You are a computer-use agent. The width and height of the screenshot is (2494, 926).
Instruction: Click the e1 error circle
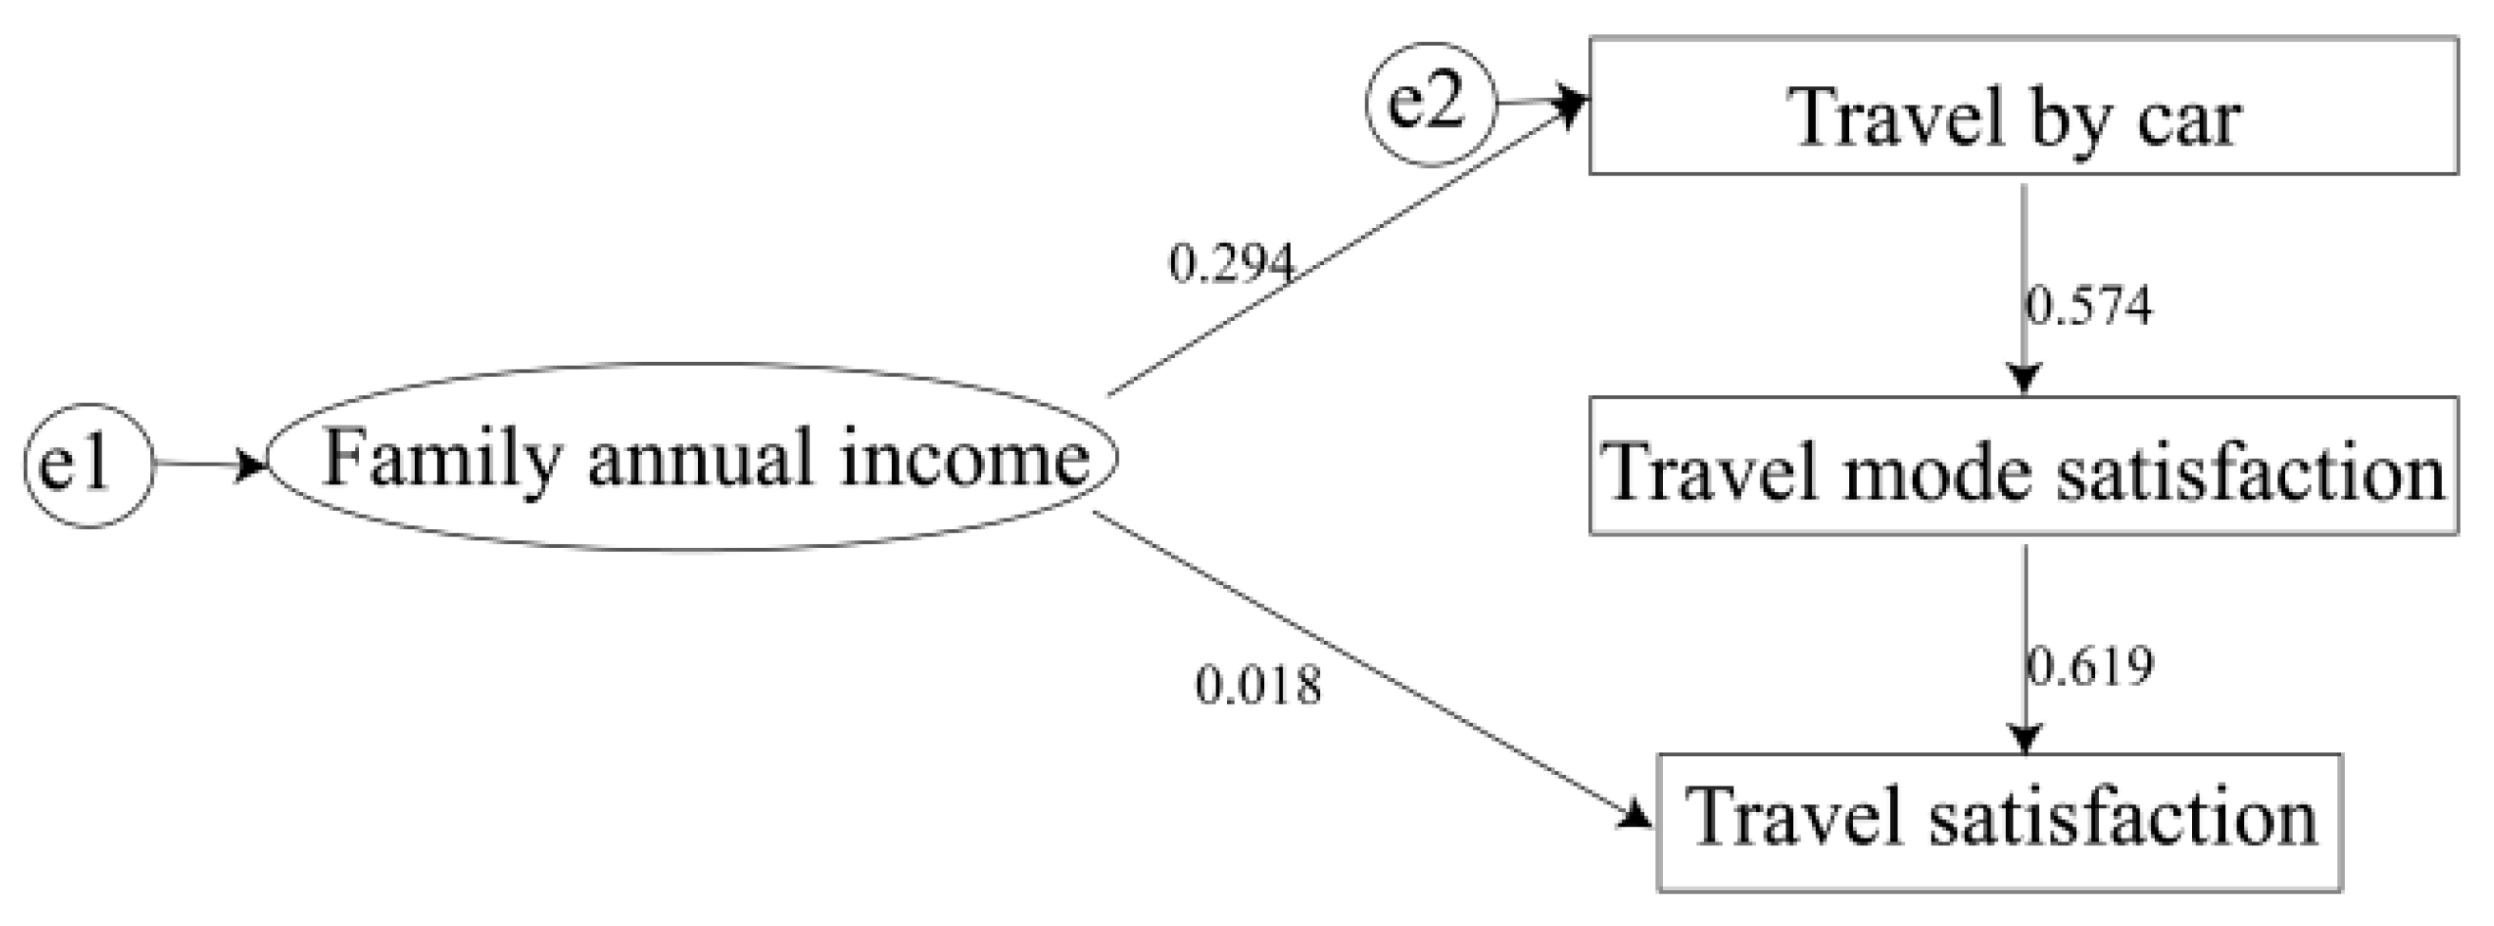point(88,465)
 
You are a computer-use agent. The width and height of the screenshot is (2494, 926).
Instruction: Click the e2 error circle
point(1431,104)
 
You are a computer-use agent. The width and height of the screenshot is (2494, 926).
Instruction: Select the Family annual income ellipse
point(691,457)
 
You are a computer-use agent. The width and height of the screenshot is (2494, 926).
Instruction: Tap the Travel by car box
point(2023,106)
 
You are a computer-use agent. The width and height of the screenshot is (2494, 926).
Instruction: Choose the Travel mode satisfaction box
point(2023,466)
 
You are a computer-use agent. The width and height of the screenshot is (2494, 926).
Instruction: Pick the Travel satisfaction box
point(1999,822)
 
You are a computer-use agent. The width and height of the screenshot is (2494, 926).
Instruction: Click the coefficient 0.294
point(1231,263)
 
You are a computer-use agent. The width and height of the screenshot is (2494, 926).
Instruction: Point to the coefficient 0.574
point(2089,306)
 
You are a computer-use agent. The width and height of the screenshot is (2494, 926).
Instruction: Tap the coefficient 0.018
point(1257,687)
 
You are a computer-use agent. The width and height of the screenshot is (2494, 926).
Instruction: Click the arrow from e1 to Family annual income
point(208,465)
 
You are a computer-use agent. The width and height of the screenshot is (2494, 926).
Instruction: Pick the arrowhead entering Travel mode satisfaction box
point(2025,379)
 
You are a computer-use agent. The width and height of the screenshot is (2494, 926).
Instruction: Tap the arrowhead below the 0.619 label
point(2026,739)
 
